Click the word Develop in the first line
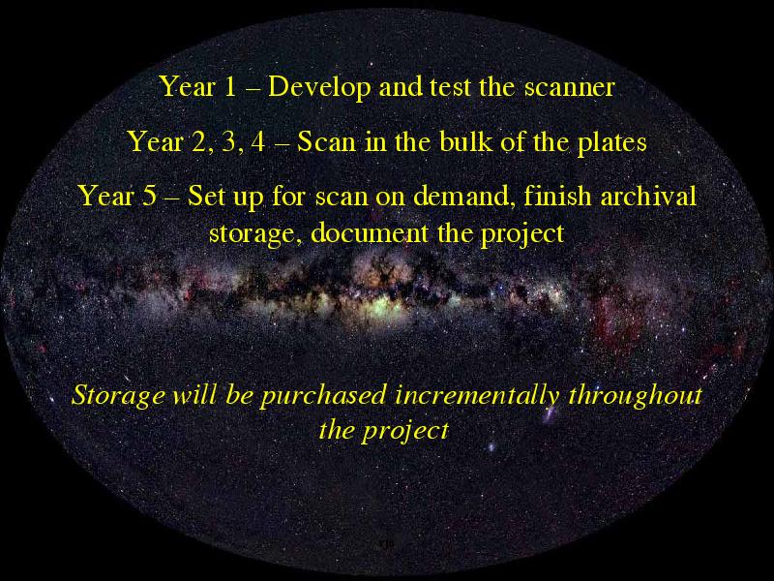[319, 87]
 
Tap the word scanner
[569, 87]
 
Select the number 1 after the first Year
[230, 86]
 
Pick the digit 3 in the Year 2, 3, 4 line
[228, 141]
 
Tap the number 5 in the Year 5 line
[150, 196]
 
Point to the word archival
[648, 196]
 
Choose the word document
[370, 232]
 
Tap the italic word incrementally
[477, 396]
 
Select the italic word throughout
[636, 396]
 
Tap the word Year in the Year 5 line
[106, 196]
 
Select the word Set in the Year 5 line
[203, 196]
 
